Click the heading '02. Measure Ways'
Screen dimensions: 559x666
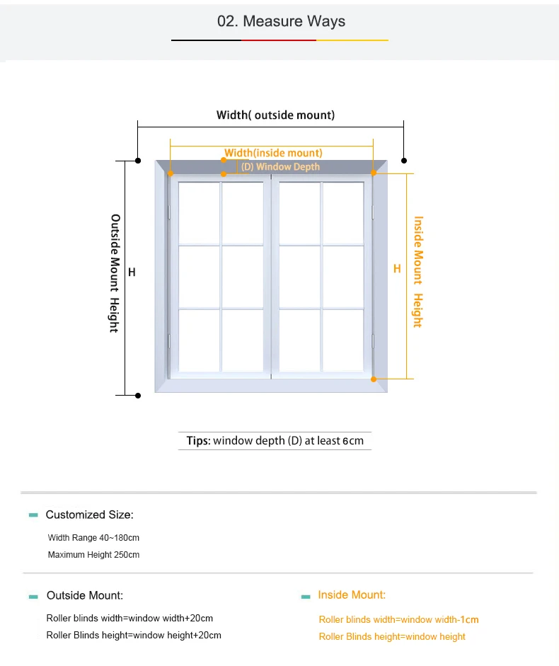tap(281, 21)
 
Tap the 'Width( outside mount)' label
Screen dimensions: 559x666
tap(275, 115)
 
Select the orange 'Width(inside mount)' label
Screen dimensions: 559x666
tap(273, 153)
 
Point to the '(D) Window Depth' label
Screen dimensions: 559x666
tap(280, 167)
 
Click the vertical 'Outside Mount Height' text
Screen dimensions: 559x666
tap(115, 273)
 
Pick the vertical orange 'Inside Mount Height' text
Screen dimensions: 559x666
tap(418, 272)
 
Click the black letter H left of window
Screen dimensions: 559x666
tap(132, 272)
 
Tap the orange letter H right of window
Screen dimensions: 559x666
tap(397, 269)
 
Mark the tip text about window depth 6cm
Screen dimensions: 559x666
tap(275, 441)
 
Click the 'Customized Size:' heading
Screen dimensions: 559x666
tap(89, 515)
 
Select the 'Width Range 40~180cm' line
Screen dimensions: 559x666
tap(93, 538)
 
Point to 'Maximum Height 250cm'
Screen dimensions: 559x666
tap(93, 555)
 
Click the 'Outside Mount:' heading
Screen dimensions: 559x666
tap(85, 595)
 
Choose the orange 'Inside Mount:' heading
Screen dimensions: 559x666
tap(352, 595)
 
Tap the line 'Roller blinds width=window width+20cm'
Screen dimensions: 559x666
tap(129, 618)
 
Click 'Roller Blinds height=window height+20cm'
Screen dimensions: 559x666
tap(134, 635)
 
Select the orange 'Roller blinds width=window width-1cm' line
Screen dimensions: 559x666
tap(398, 619)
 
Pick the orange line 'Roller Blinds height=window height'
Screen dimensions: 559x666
tap(392, 636)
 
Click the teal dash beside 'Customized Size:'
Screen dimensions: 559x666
tap(33, 515)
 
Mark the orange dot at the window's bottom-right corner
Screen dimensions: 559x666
tap(374, 379)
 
